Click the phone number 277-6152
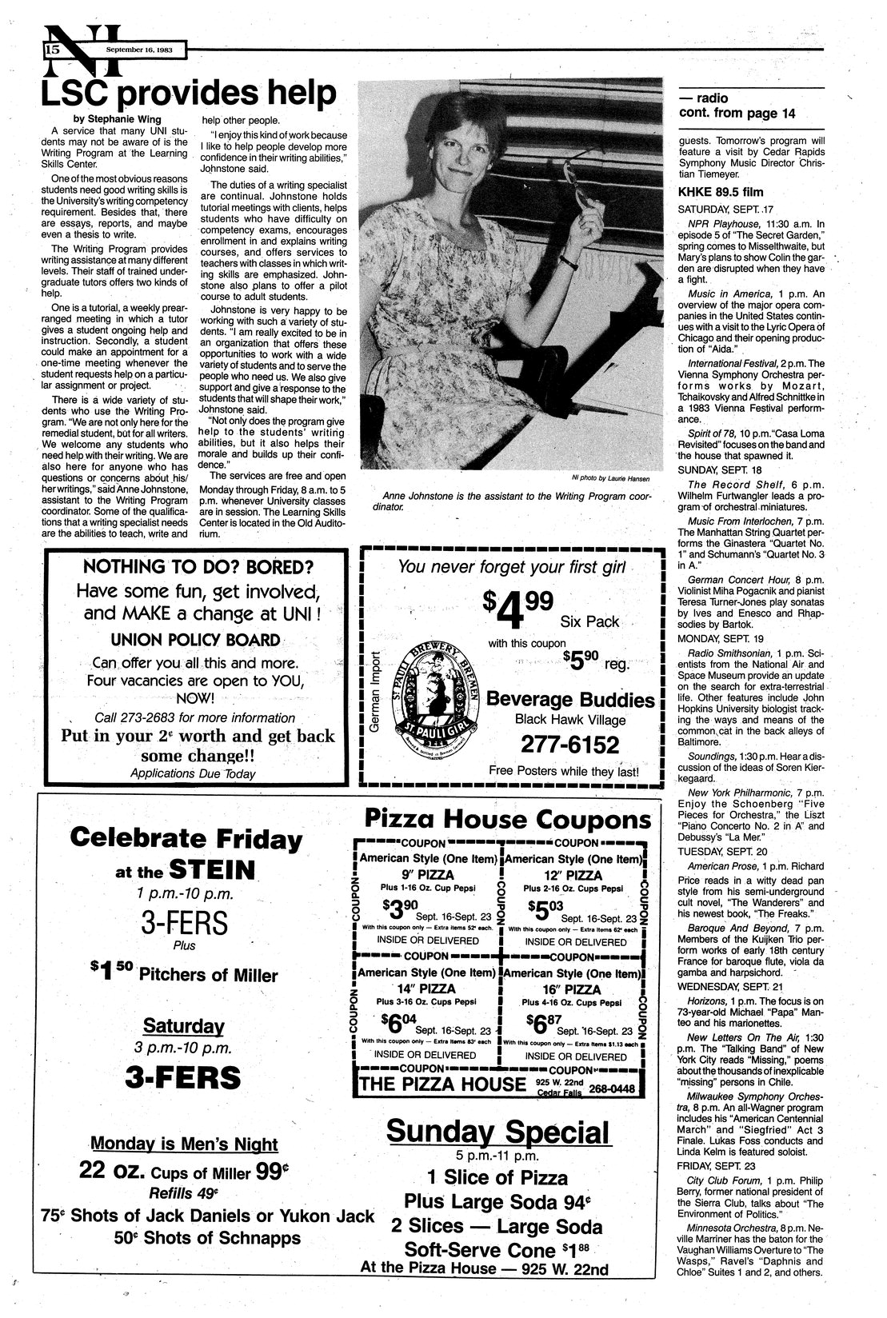(x=569, y=745)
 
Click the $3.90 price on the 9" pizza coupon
(x=399, y=909)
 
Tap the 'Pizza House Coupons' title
(x=508, y=819)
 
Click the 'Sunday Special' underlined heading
(x=497, y=1132)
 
